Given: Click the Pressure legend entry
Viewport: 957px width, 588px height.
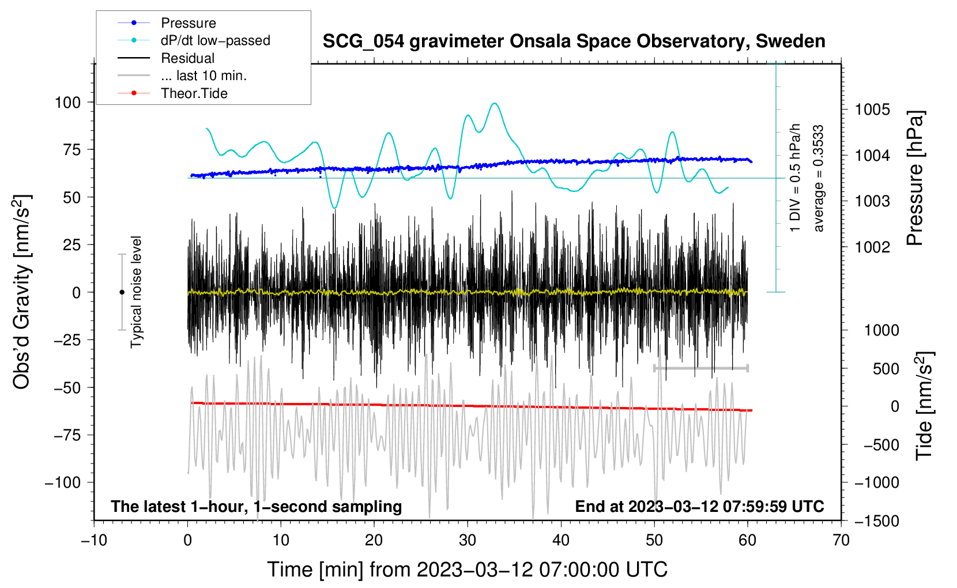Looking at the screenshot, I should click(188, 23).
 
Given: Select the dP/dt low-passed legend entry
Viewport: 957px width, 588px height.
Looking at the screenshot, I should click(215, 40).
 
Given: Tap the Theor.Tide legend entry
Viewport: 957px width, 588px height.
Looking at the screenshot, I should click(194, 93).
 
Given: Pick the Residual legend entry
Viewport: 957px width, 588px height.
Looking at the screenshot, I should click(187, 58).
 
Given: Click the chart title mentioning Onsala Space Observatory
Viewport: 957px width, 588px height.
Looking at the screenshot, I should click(574, 42).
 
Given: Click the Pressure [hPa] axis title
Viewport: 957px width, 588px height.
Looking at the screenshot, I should click(915, 179).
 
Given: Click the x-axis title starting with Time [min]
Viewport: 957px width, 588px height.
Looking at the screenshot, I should click(468, 570).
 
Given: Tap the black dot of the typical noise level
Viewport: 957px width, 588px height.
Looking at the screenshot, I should click(122, 292).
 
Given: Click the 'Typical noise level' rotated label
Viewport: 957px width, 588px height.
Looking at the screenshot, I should click(136, 292).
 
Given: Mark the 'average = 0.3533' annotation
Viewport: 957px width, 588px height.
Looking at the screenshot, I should click(819, 179).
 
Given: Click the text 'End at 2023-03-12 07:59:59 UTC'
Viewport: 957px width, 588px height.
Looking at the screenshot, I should click(699, 507).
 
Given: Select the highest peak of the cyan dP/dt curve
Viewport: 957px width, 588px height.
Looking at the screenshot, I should click(495, 103).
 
